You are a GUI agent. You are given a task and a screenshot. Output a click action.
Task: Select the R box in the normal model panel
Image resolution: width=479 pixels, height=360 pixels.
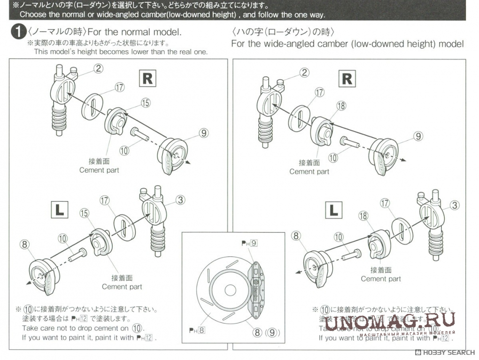coord(147,78)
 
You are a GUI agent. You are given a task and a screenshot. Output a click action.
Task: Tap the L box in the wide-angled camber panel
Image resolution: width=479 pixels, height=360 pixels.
coord(334,210)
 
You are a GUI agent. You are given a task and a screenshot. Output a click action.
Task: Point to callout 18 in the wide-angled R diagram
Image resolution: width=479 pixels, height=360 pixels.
coord(341,106)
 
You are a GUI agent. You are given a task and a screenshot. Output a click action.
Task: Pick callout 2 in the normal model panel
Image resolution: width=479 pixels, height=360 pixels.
coord(98,69)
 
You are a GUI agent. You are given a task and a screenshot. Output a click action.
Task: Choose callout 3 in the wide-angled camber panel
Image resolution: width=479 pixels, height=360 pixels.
coord(455,205)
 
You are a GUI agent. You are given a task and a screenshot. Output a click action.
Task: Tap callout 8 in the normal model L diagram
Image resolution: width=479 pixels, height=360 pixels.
coord(25,244)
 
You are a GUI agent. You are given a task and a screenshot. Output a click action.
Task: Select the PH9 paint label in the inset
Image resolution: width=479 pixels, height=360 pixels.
coord(249,243)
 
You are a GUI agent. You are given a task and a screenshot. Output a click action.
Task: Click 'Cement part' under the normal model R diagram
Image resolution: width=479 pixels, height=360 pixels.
coord(99,170)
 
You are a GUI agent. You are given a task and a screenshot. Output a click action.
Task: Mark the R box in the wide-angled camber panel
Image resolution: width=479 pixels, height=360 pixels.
coord(347,78)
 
